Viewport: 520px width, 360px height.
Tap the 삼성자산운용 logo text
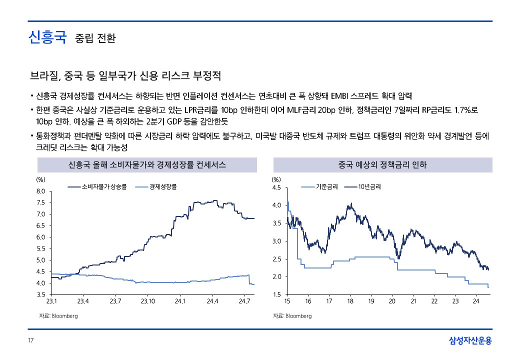tap(470, 341)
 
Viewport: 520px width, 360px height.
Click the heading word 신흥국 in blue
tap(47, 37)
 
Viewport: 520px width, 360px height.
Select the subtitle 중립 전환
tap(95, 38)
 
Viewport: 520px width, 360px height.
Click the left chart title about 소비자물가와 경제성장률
tap(147, 164)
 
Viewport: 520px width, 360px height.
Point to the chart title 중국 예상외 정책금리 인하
tap(382, 164)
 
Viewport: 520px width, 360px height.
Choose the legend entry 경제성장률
tap(163, 187)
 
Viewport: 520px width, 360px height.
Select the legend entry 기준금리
tap(326, 187)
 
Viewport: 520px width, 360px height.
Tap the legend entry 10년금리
tap(369, 187)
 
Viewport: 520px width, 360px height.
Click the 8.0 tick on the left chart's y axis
tap(41, 191)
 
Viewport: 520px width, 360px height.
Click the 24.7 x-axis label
tap(244, 301)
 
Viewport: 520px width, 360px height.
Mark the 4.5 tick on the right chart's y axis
tap(276, 188)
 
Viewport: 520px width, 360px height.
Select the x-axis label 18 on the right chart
tap(350, 301)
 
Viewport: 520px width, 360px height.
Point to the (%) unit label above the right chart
tap(276, 179)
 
